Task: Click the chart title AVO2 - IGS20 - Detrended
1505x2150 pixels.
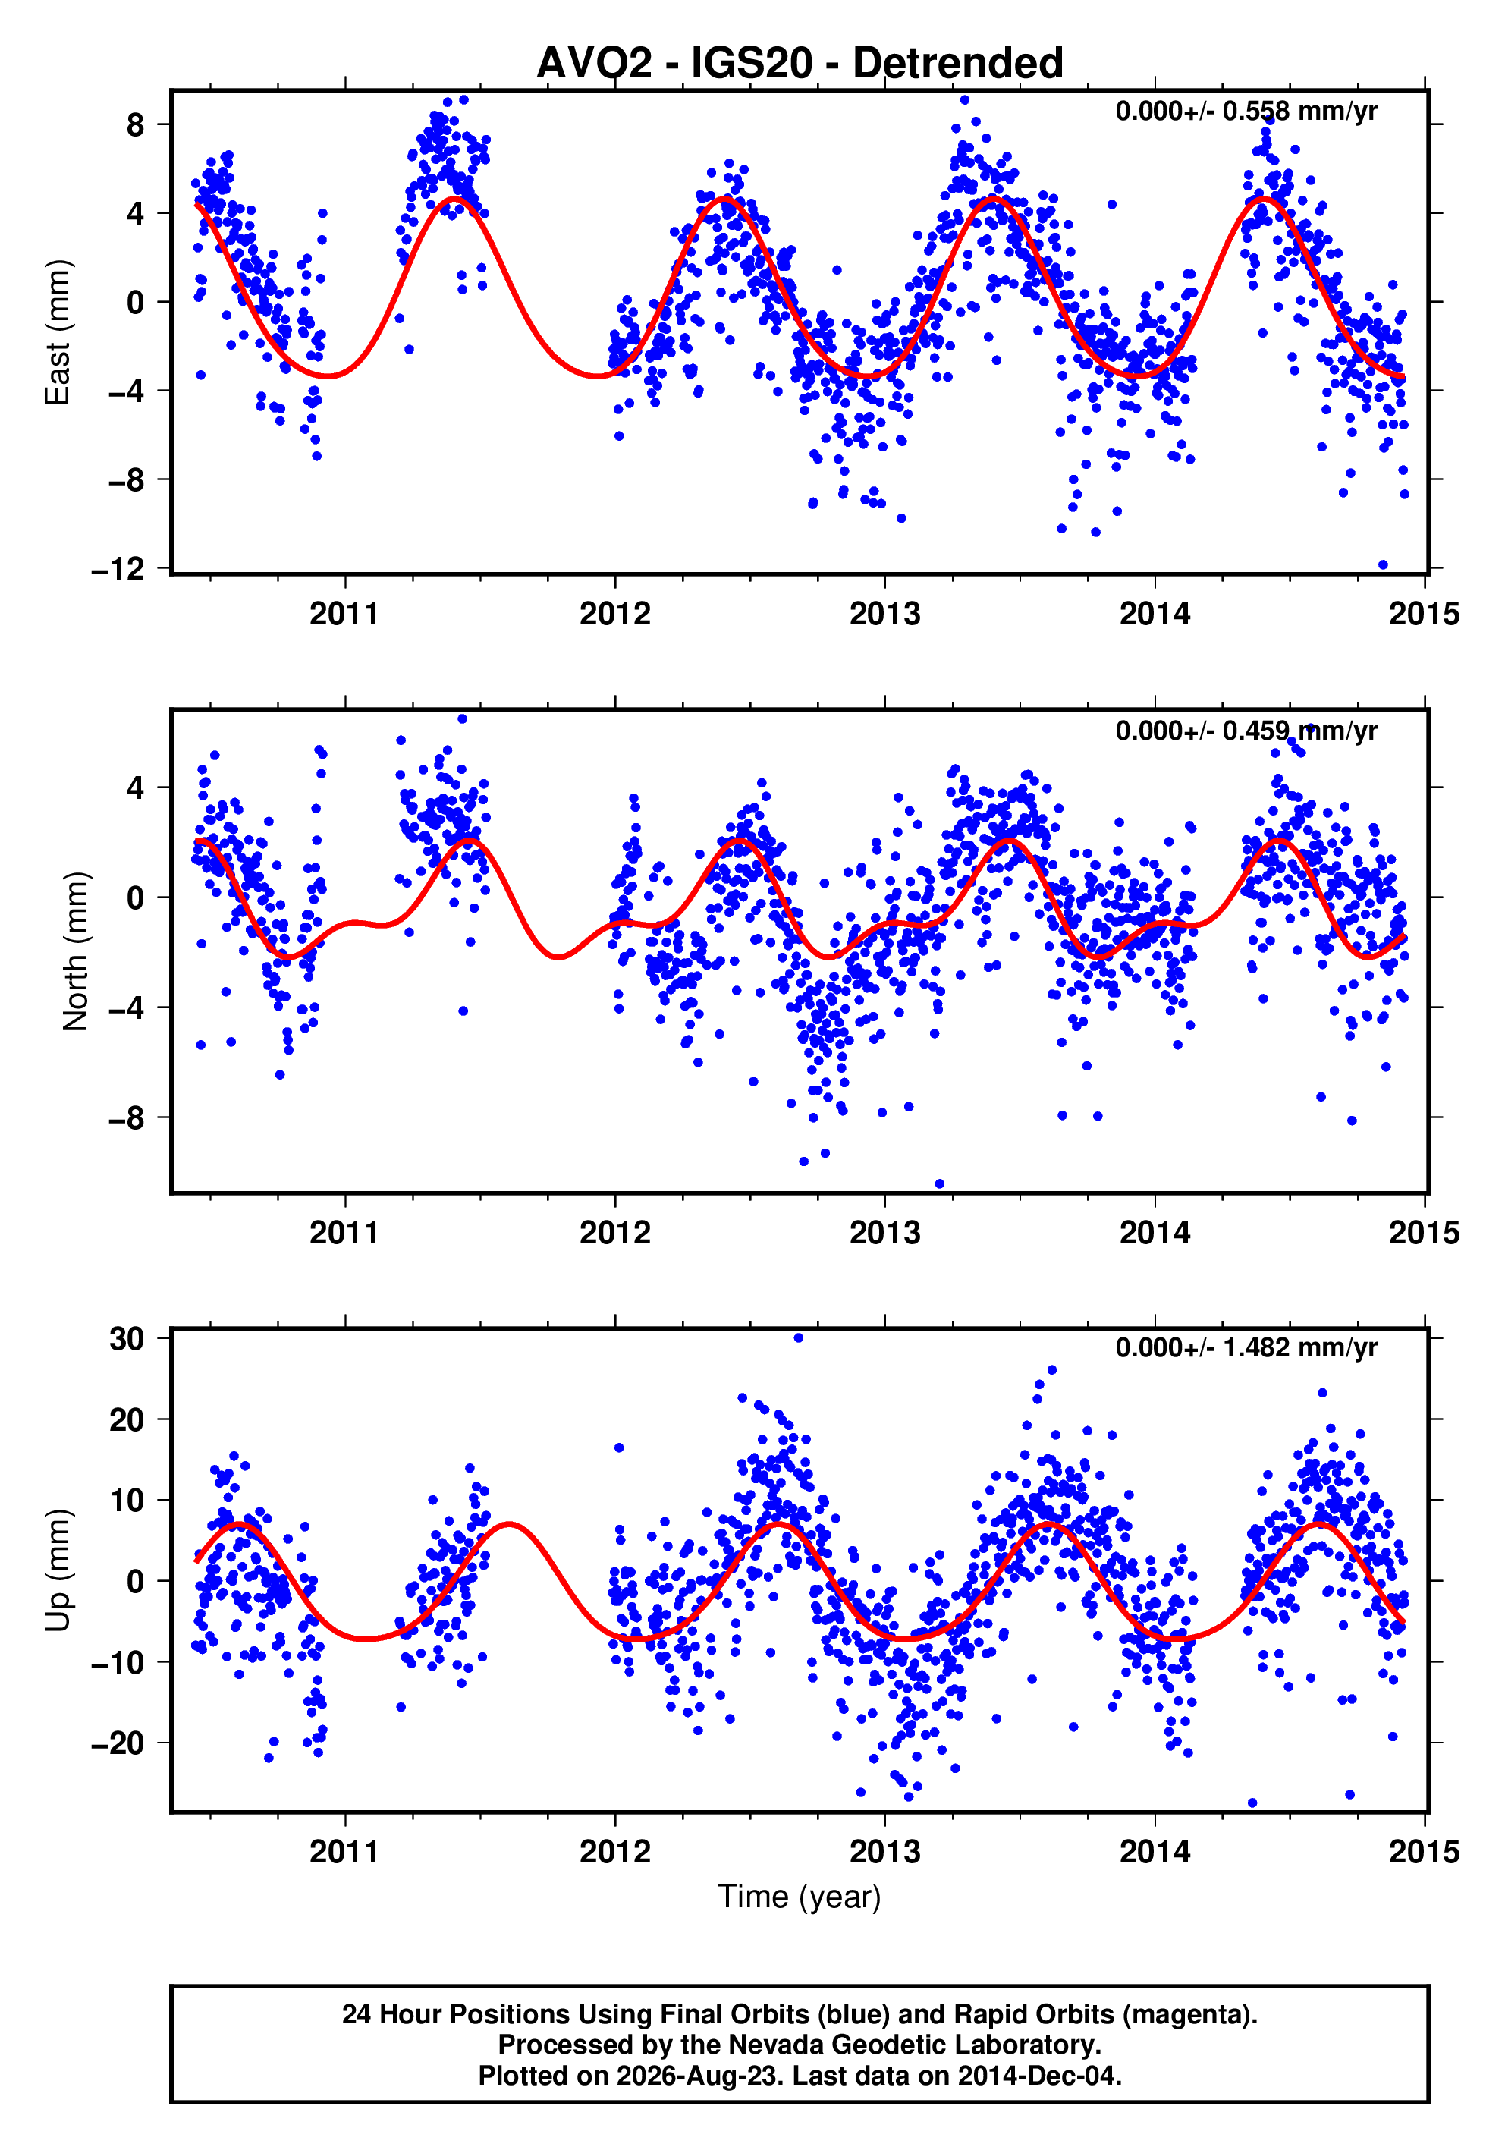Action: [800, 63]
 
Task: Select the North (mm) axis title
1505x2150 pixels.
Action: [75, 951]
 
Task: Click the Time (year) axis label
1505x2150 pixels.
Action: [800, 1896]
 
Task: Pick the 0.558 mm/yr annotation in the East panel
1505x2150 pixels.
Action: [1246, 112]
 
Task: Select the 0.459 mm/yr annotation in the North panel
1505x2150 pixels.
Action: [1246, 731]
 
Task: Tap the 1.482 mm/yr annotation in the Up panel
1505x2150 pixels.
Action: [1246, 1347]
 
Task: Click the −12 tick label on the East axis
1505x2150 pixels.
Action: [118, 568]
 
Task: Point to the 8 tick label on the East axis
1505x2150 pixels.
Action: [136, 124]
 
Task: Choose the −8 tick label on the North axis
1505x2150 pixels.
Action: [127, 1118]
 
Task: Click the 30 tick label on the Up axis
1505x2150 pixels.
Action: [127, 1339]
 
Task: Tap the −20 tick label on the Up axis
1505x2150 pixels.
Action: [118, 1743]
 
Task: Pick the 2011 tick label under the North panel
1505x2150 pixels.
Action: [344, 1234]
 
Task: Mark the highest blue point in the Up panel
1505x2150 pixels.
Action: [798, 1338]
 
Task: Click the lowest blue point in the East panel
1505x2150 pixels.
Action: [1382, 564]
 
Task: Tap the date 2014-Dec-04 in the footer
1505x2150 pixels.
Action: [1038, 2076]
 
